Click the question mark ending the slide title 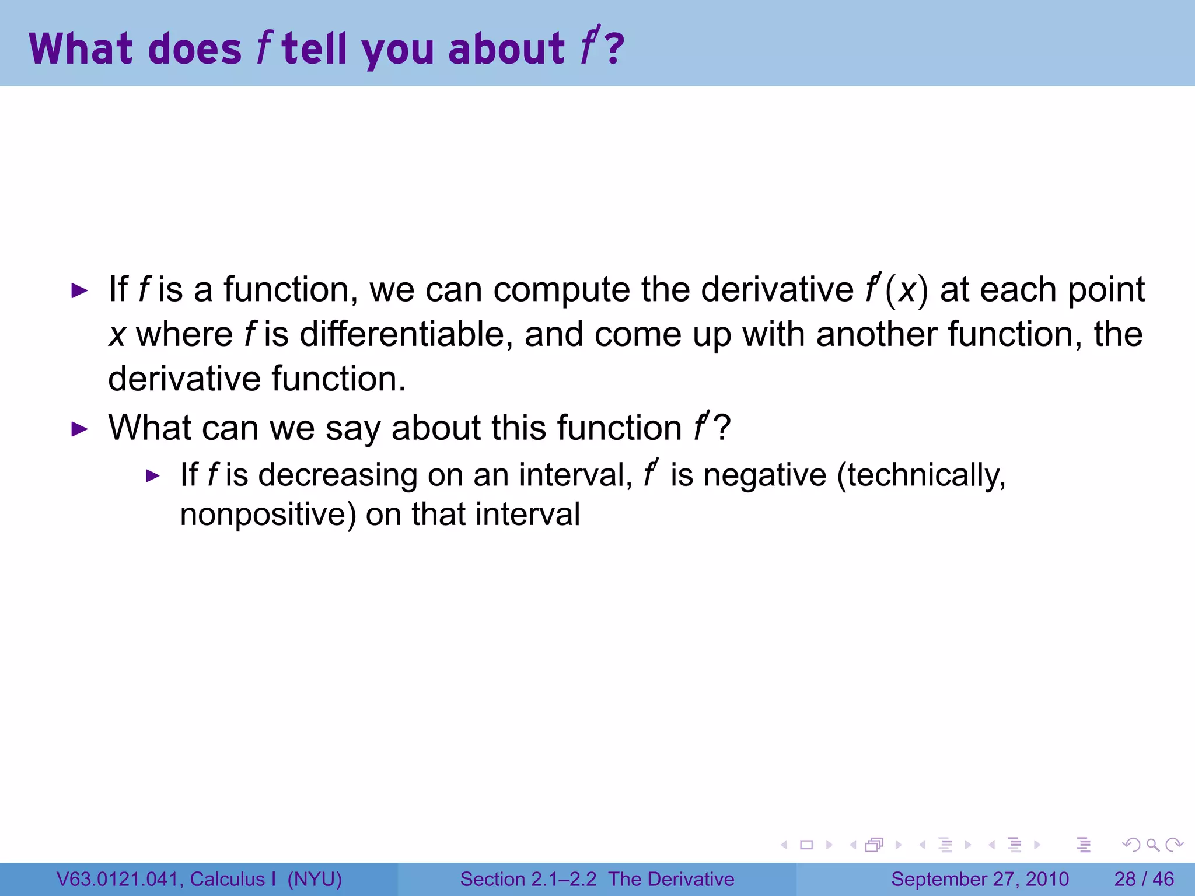click(x=614, y=49)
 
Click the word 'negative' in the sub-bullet click(x=764, y=475)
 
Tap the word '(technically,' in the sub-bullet click(x=921, y=475)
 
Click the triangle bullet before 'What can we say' click(x=79, y=429)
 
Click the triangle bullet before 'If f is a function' click(x=79, y=290)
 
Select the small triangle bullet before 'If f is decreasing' click(x=152, y=476)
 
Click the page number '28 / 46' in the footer click(x=1144, y=879)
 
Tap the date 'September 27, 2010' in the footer click(x=980, y=879)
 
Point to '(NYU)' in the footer click(x=315, y=879)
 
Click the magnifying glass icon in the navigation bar click(x=1152, y=845)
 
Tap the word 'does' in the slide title click(x=195, y=49)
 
